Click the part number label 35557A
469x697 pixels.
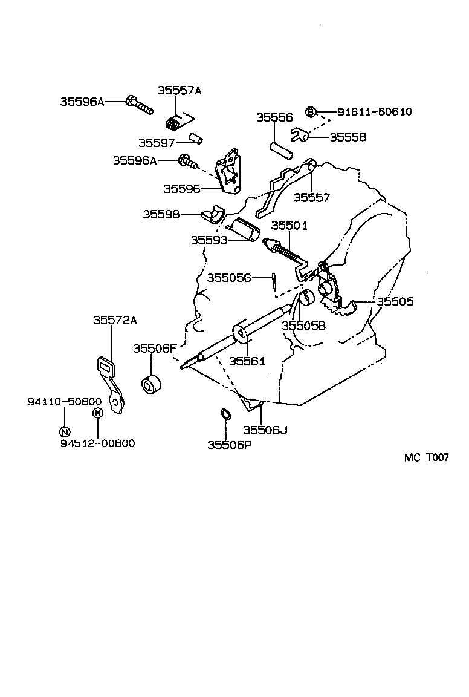179,90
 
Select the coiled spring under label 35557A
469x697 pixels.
173,123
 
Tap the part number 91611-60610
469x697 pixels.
374,112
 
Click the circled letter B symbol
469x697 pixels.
311,112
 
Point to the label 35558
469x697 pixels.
348,137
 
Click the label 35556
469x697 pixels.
274,118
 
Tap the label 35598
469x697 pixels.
161,214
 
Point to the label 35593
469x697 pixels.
209,240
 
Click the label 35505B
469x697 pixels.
303,326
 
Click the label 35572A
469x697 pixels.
115,321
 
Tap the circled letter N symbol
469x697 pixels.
65,431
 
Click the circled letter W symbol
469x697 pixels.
97,413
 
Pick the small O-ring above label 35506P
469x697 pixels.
224,415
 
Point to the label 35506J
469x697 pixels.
265,430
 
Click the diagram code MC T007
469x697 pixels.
426,458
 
